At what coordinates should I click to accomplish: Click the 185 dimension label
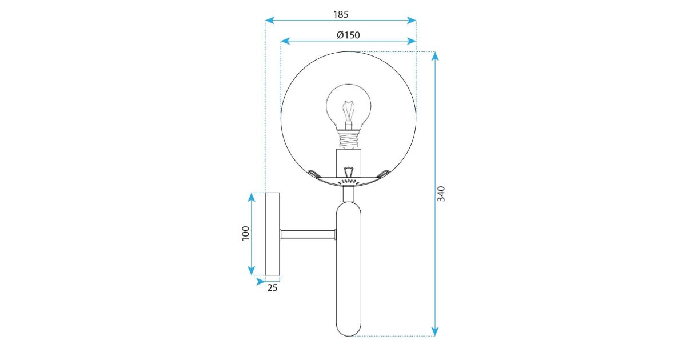tap(341, 14)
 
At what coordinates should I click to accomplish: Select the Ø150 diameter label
tap(348, 35)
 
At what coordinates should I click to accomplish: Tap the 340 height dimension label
tap(441, 194)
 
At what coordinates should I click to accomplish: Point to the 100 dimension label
tap(246, 233)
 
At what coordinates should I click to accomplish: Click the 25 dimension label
tap(272, 288)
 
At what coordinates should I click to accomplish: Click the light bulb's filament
tap(349, 111)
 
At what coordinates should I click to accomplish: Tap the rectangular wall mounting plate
tap(272, 234)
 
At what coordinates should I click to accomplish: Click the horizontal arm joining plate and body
tap(308, 234)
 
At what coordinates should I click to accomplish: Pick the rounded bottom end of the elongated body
tap(349, 331)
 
